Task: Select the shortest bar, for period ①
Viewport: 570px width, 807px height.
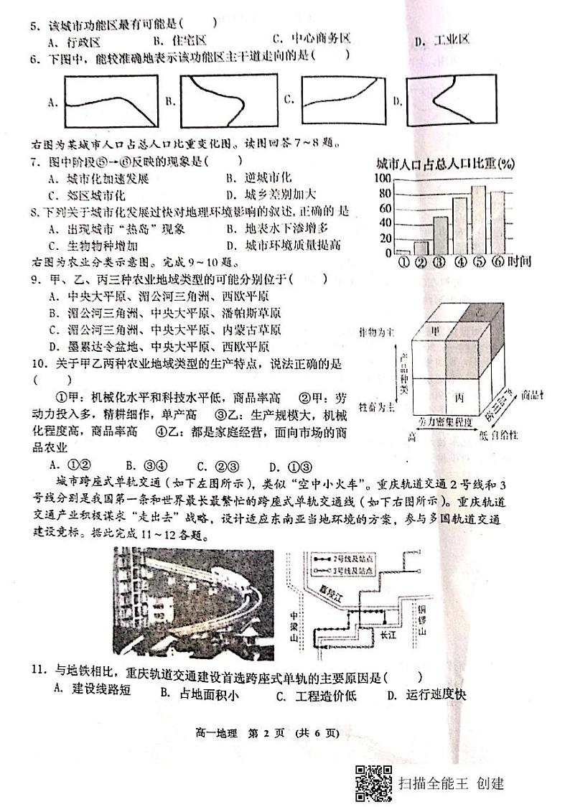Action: [403, 251]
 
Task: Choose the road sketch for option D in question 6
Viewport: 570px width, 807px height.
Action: [452, 101]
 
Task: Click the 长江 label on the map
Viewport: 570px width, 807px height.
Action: [388, 635]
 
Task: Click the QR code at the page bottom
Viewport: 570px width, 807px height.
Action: [373, 783]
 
